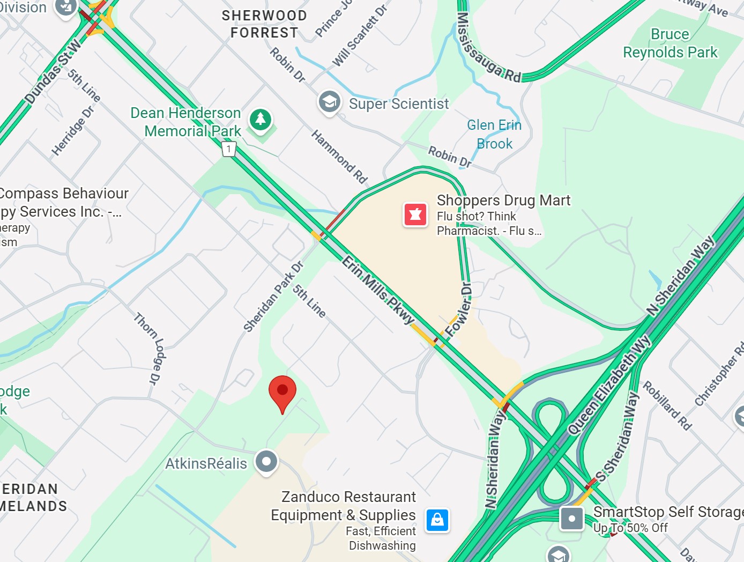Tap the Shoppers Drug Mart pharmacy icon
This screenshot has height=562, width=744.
click(415, 215)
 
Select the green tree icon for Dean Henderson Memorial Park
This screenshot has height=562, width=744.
click(261, 119)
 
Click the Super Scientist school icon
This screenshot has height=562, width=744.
click(329, 101)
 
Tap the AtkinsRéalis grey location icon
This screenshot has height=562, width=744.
click(266, 461)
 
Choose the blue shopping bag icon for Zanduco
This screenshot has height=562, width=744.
click(437, 520)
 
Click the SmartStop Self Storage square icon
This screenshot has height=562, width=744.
click(571, 519)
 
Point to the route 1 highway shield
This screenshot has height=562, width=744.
click(229, 149)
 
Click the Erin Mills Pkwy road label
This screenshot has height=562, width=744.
click(379, 290)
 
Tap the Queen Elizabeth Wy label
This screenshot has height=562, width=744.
click(609, 385)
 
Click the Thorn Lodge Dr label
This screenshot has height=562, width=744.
click(148, 349)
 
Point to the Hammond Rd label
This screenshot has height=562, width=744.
click(339, 157)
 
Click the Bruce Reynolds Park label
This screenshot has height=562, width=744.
click(670, 43)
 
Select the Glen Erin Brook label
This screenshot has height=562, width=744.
click(494, 134)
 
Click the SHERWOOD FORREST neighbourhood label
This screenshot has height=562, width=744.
click(264, 24)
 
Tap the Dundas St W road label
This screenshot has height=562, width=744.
click(53, 71)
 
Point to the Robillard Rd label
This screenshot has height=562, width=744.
click(667, 405)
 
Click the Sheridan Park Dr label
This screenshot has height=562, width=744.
click(273, 296)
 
